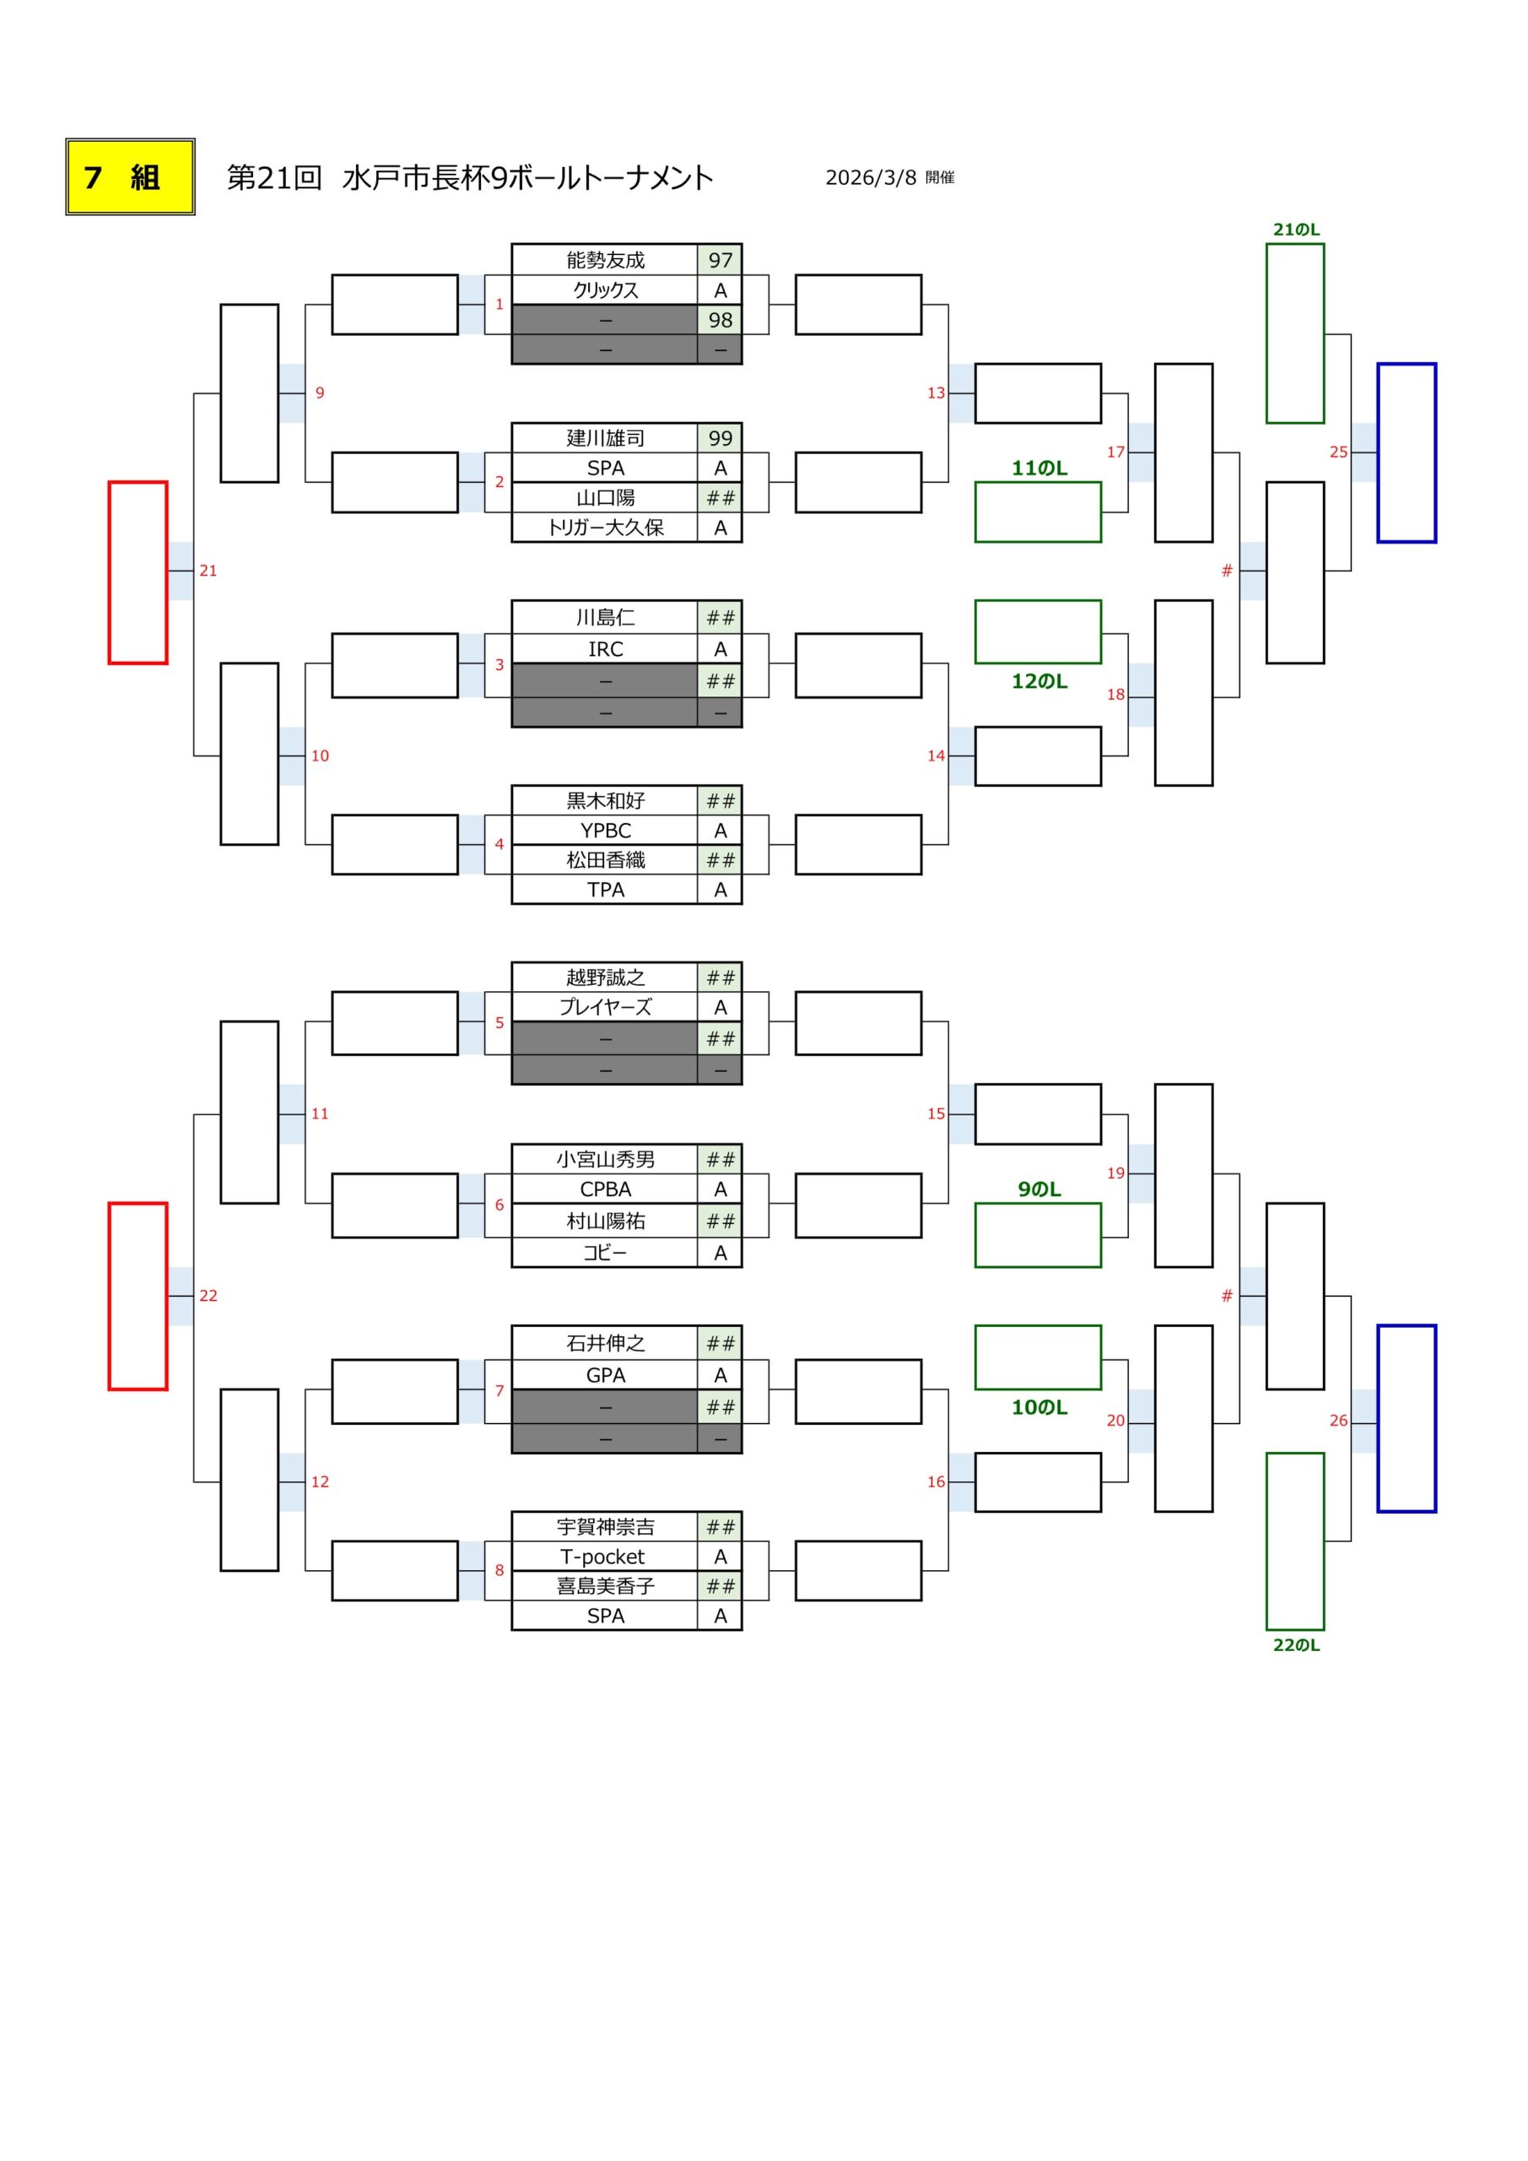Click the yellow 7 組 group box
point(130,177)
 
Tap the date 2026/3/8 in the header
point(871,178)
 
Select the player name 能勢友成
point(605,260)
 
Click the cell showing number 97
point(720,260)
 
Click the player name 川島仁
point(605,617)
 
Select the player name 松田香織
point(605,860)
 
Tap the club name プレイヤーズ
point(605,1007)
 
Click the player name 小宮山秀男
point(605,1160)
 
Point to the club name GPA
point(605,1375)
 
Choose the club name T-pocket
point(602,1557)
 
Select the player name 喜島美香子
point(605,1586)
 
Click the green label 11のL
point(1039,468)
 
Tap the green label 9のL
point(1039,1189)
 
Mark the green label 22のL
point(1296,1645)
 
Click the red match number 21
point(208,571)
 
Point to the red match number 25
point(1338,452)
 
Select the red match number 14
point(935,756)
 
